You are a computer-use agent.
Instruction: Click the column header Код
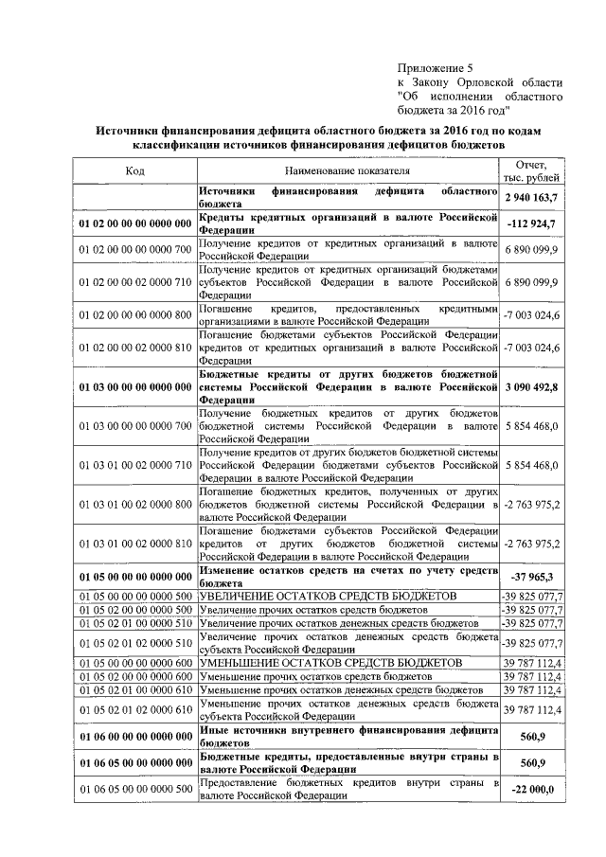tap(134, 171)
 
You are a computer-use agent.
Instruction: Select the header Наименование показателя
tap(348, 171)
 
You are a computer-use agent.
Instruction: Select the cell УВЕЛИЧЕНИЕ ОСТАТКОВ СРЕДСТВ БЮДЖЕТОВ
tap(330, 595)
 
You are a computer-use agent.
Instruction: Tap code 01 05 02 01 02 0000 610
tap(135, 710)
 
